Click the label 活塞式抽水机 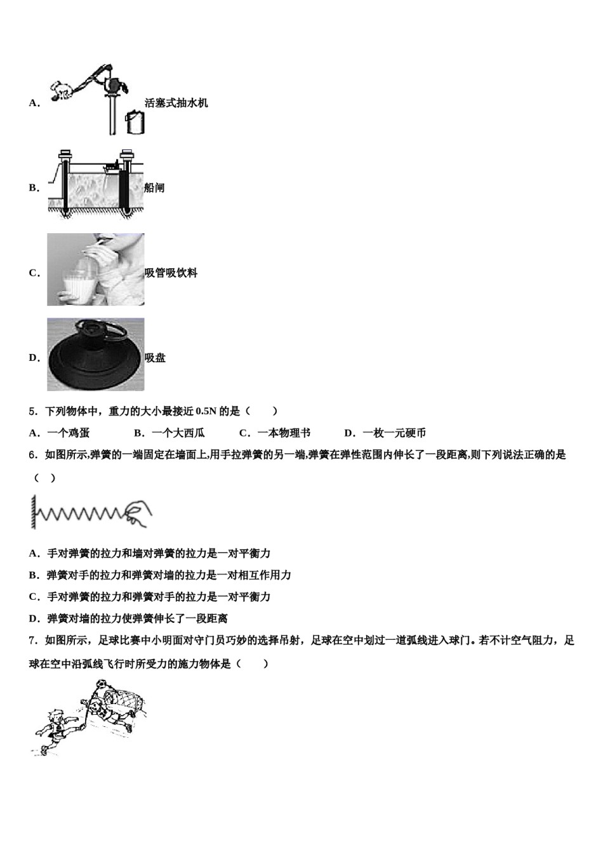pos(176,103)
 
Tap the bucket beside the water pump pos(135,122)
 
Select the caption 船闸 pos(155,188)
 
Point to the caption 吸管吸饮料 pos(171,273)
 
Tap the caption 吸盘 pos(155,358)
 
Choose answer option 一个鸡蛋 pos(68,433)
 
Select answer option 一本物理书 pos(284,433)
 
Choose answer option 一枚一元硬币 pos(394,433)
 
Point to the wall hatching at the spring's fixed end pos(30,512)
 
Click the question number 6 pos(32,455)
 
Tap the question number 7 pos(32,641)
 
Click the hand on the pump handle pos(62,91)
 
